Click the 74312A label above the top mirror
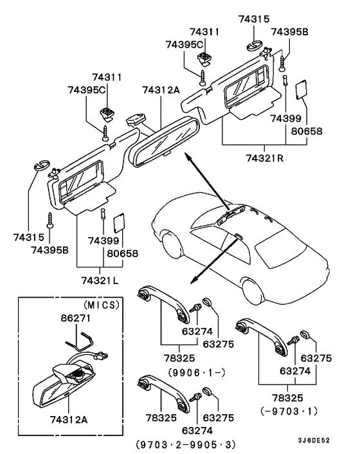pyautogui.click(x=161, y=91)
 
